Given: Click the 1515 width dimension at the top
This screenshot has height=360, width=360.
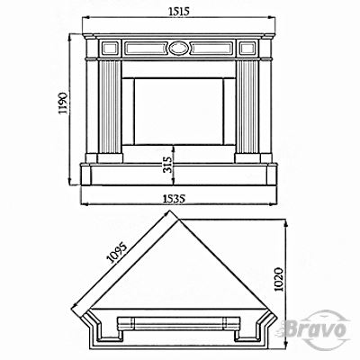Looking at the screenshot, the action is [179, 12].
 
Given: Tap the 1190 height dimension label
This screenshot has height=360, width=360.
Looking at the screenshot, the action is [63, 103].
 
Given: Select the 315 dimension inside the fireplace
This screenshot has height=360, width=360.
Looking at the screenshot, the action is [169, 165].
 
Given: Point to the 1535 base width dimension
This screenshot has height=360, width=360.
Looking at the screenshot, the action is [173, 199].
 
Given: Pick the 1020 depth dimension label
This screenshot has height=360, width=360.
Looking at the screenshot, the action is [278, 279].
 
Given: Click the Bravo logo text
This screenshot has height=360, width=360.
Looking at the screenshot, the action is [314, 328].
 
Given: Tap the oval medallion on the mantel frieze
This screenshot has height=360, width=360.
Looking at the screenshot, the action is [179, 48].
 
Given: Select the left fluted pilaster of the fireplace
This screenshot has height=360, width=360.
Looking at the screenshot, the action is [110, 107].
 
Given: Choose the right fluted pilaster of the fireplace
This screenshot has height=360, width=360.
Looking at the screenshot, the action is [247, 107].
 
